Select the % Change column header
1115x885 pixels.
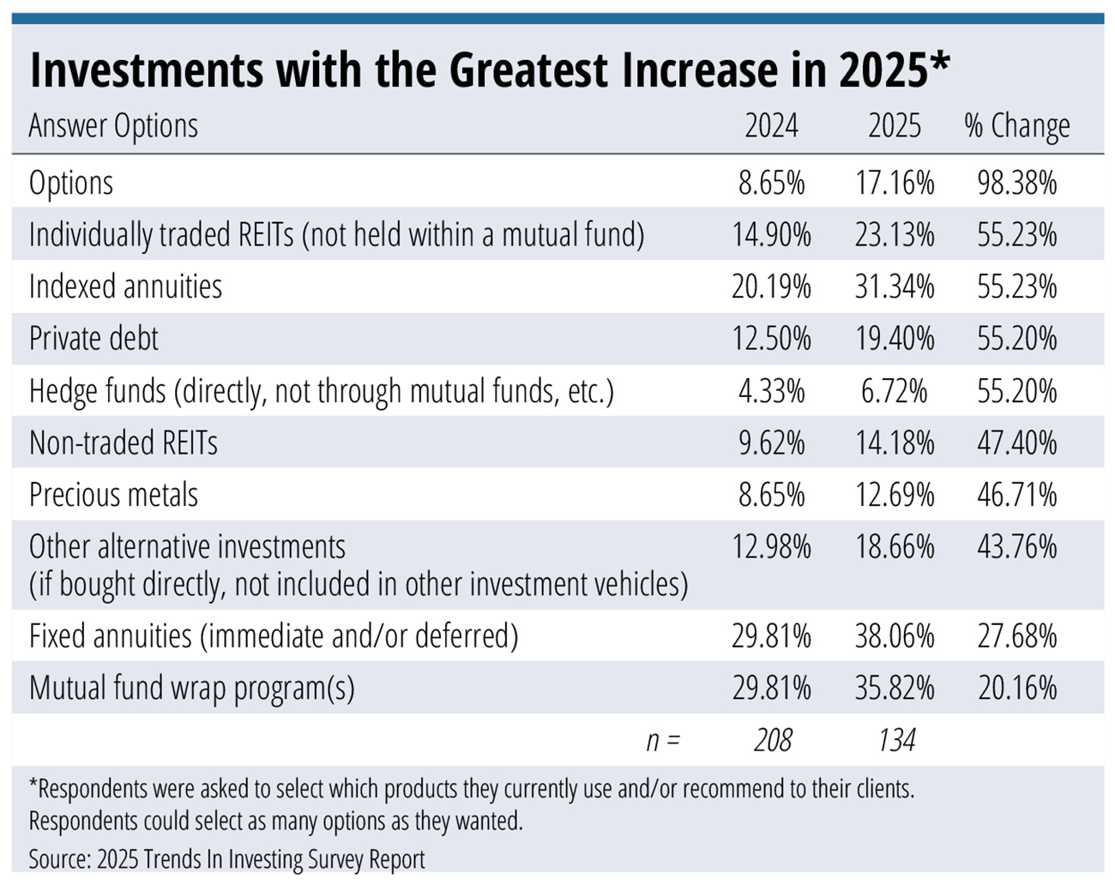[x=1016, y=126]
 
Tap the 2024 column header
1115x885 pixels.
[x=771, y=126]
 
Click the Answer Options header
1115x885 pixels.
[x=113, y=126]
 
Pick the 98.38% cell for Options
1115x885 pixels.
[x=1016, y=184]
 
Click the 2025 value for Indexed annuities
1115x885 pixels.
[x=894, y=286]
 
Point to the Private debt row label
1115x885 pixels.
[x=93, y=339]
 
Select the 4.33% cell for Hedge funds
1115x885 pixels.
[x=771, y=391]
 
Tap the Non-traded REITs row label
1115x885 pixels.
[x=124, y=443]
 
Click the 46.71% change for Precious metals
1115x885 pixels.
[x=1016, y=495]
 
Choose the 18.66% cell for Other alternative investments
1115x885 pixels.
[x=894, y=547]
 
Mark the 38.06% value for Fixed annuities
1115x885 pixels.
[x=894, y=636]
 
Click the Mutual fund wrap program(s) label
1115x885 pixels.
[x=191, y=689]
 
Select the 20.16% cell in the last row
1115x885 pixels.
[x=1016, y=689]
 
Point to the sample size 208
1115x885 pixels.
[x=773, y=740]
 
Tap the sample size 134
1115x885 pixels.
[x=896, y=740]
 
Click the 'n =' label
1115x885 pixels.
[x=662, y=740]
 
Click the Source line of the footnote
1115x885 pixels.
[x=226, y=858]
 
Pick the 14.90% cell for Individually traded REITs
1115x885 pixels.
[x=771, y=235]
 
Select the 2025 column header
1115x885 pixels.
[x=894, y=126]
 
